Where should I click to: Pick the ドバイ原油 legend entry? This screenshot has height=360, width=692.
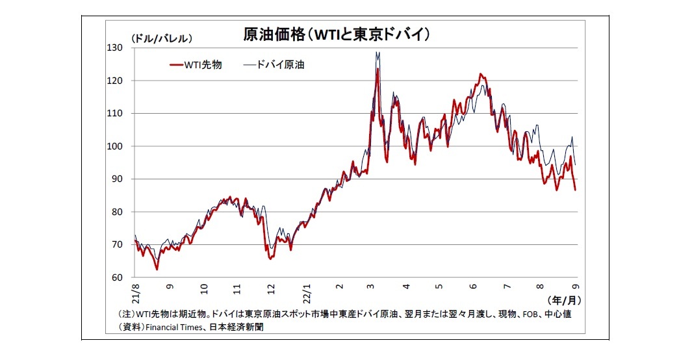[x=274, y=65]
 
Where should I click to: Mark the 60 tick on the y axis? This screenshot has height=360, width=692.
[x=118, y=277]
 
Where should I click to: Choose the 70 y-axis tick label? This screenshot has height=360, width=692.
[x=118, y=245]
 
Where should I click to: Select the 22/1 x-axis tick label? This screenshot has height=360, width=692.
[x=305, y=292]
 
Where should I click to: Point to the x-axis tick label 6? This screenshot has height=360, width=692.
[x=474, y=287]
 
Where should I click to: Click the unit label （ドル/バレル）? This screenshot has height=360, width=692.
[x=161, y=38]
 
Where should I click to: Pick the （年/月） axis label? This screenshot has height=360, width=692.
[x=563, y=300]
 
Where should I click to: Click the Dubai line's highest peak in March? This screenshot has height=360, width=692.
[x=377, y=53]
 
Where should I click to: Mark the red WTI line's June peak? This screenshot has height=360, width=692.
[x=480, y=74]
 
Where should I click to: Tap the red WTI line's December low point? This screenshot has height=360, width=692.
[x=270, y=259]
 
